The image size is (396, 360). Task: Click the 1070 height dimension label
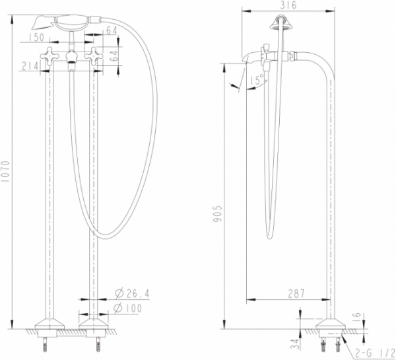(5, 171)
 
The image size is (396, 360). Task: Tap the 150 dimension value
(36, 38)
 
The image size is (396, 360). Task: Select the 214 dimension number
(30, 66)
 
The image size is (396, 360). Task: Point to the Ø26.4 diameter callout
(133, 293)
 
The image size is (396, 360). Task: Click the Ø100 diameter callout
(128, 308)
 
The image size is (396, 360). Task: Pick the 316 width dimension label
(288, 5)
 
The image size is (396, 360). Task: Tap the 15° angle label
(257, 79)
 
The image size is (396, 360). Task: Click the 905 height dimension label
(217, 213)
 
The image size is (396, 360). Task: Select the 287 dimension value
(296, 293)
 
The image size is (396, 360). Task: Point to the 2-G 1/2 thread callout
(375, 353)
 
